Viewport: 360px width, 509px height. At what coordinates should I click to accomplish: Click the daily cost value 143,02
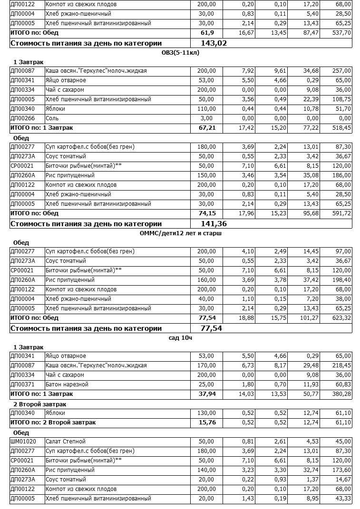[214, 43]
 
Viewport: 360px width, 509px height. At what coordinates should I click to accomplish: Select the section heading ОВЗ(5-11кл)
[180, 53]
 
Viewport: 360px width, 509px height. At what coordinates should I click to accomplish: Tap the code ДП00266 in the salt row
[22, 118]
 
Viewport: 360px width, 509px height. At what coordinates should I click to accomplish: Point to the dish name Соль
[52, 118]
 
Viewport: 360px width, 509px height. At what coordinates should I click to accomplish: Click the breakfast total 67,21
[207, 128]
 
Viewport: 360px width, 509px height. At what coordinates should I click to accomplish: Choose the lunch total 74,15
[207, 213]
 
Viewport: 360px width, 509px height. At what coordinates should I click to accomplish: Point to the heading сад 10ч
[180, 338]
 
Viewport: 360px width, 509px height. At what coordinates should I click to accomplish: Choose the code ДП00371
[22, 384]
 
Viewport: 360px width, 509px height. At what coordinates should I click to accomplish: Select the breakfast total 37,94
[207, 394]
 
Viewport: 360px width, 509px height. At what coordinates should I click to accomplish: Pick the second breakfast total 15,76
[207, 423]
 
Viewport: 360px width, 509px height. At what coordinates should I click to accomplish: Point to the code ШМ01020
[23, 442]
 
